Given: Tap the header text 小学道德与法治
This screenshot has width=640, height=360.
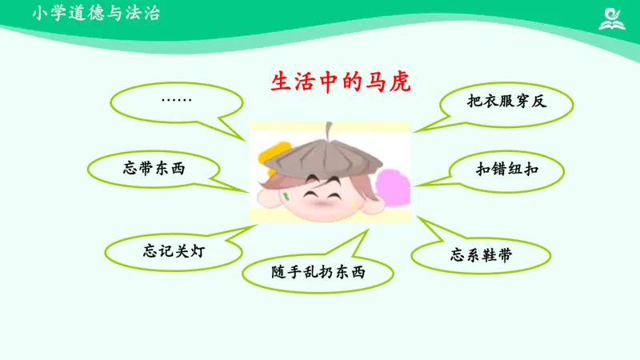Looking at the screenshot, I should point(96,14).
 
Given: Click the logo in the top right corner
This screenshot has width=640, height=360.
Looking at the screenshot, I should point(614,18).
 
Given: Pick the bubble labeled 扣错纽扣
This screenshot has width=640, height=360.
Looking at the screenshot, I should point(507,169).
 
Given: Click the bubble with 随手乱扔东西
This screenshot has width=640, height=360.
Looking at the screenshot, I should point(318,273).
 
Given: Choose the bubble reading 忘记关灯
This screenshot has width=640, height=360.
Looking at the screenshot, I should point(174,250).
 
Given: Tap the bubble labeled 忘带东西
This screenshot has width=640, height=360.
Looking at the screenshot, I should point(158,168).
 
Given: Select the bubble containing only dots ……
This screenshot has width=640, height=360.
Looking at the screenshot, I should point(176,101).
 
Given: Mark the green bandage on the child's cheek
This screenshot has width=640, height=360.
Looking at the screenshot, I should point(286,195).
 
